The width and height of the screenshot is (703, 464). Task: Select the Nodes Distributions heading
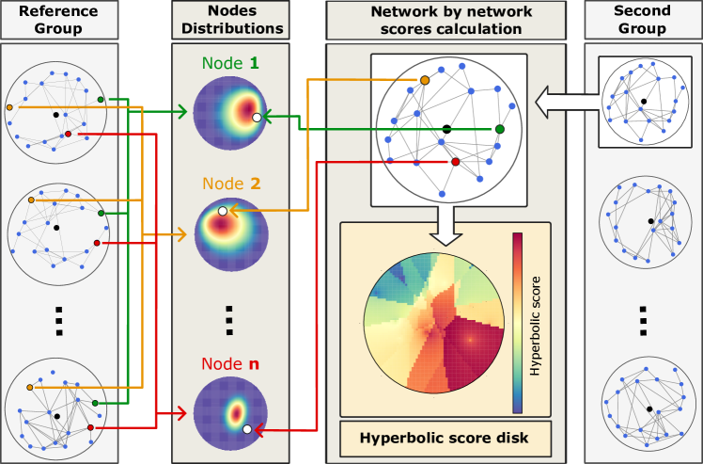(x=231, y=19)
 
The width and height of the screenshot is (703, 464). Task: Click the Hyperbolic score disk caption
(x=445, y=439)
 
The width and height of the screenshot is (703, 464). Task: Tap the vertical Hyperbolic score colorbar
(x=517, y=323)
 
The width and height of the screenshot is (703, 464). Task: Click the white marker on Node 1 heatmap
(x=257, y=118)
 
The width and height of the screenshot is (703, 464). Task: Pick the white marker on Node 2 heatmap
(x=222, y=212)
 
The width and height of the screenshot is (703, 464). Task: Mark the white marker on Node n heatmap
(x=246, y=429)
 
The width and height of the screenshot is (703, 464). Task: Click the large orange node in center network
(x=425, y=81)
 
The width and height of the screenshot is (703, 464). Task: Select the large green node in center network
(x=500, y=128)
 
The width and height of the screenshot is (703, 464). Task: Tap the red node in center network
(x=455, y=163)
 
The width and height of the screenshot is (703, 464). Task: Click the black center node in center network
(x=446, y=128)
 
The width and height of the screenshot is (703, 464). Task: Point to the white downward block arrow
(x=445, y=224)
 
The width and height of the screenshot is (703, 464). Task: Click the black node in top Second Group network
(x=644, y=101)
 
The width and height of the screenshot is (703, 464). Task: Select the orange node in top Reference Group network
(x=9, y=107)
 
